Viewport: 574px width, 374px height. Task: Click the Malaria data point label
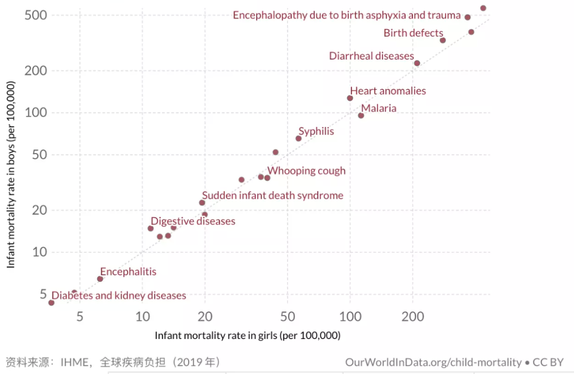pyautogui.click(x=378, y=108)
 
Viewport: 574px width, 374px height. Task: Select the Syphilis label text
pyautogui.click(x=316, y=131)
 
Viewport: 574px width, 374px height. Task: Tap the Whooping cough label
pyautogui.click(x=306, y=171)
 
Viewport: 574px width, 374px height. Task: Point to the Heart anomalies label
pyautogui.click(x=388, y=91)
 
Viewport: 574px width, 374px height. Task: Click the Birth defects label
pyautogui.click(x=413, y=33)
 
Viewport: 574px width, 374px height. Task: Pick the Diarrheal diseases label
pyautogui.click(x=371, y=56)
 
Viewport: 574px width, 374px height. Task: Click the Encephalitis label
pyautogui.click(x=128, y=271)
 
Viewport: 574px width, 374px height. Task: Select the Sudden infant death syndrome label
pyautogui.click(x=273, y=195)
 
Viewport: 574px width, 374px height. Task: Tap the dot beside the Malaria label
pyautogui.click(x=361, y=116)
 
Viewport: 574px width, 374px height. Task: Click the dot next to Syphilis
pyautogui.click(x=299, y=139)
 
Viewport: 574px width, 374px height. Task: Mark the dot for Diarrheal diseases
pyautogui.click(x=417, y=63)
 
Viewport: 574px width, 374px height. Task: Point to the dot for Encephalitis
pyautogui.click(x=100, y=279)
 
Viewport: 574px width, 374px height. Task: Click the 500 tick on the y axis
pyautogui.click(x=36, y=15)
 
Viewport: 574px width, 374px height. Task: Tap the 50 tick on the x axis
pyautogui.click(x=288, y=317)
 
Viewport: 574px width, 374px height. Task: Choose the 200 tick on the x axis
pyautogui.click(x=412, y=317)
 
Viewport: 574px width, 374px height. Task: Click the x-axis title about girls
pyautogui.click(x=247, y=336)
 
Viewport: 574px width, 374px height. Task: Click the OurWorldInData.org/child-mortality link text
pyautogui.click(x=433, y=362)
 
